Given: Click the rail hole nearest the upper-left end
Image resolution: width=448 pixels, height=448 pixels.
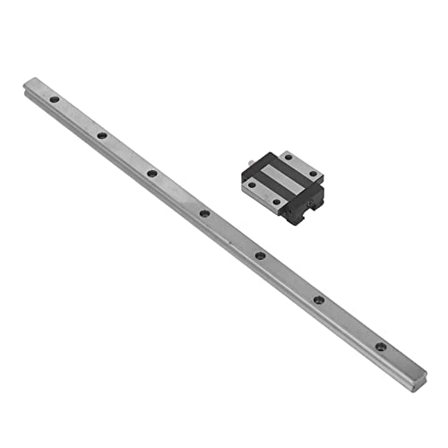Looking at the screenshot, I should [54, 99].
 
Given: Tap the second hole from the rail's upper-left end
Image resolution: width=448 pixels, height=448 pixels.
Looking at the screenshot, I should [102, 135].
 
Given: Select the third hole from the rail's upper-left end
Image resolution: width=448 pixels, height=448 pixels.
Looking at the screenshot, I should [151, 173].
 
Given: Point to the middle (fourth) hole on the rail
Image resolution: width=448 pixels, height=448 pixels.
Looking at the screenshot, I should [204, 213].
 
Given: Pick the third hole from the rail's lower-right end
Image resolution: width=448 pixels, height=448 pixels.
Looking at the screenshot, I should [260, 256].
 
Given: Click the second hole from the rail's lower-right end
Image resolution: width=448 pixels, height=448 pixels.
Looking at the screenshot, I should [318, 300].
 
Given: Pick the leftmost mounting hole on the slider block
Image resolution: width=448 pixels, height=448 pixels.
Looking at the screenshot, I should [252, 184].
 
